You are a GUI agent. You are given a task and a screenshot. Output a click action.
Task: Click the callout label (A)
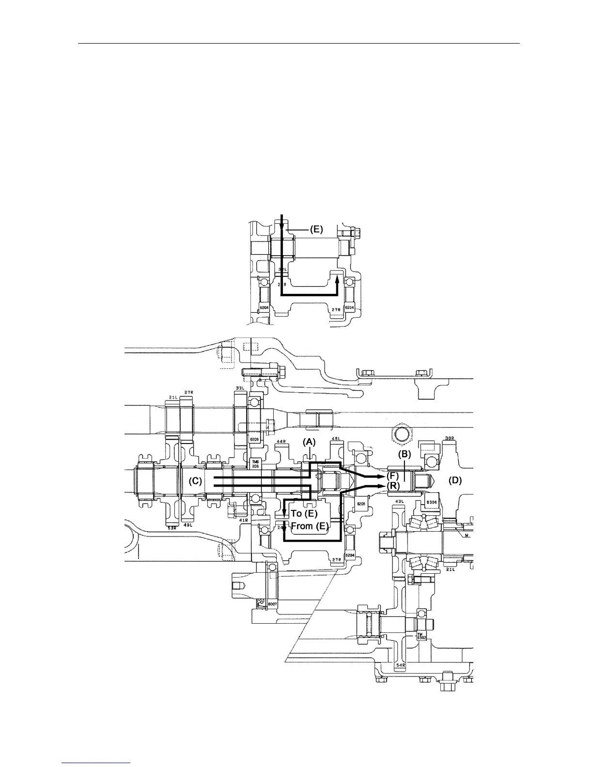309,442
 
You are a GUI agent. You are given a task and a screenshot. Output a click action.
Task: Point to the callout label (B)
405,454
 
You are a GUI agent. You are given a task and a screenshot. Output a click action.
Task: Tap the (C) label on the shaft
195,481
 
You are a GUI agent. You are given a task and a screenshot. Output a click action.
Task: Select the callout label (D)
455,480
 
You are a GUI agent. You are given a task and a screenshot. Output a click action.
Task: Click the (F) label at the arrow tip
392,476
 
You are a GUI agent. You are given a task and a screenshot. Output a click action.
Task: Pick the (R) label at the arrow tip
392,485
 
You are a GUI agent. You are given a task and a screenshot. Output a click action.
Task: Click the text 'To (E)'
304,513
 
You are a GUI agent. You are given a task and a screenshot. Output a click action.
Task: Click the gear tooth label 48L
335,439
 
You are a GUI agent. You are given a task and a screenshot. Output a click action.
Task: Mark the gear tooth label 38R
450,439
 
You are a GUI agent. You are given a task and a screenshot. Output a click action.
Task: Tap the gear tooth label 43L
400,501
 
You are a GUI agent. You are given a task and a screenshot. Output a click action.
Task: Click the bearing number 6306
431,502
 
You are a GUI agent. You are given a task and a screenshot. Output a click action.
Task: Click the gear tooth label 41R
244,520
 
